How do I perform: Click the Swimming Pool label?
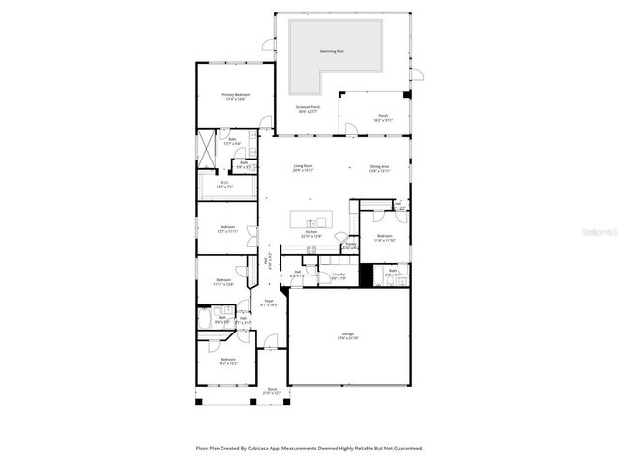[x=335, y=51]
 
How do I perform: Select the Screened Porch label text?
[x=309, y=109]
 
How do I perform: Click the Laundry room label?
[x=339, y=276]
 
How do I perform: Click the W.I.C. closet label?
[x=223, y=184]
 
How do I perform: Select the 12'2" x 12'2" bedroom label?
[x=226, y=361]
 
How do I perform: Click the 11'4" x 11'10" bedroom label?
[x=384, y=238]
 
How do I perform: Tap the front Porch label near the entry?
[x=272, y=391]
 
